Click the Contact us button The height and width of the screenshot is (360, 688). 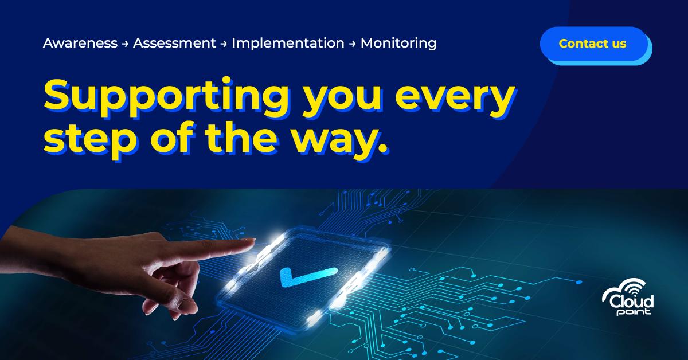coord(593,44)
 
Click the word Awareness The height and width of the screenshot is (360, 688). coord(80,43)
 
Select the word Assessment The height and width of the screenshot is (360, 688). coord(174,43)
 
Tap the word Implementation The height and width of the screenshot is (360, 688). coord(288,43)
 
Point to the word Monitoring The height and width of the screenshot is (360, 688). coord(398,43)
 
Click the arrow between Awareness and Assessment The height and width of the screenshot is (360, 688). coord(125,44)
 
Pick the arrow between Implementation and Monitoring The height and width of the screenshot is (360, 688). coord(353,44)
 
